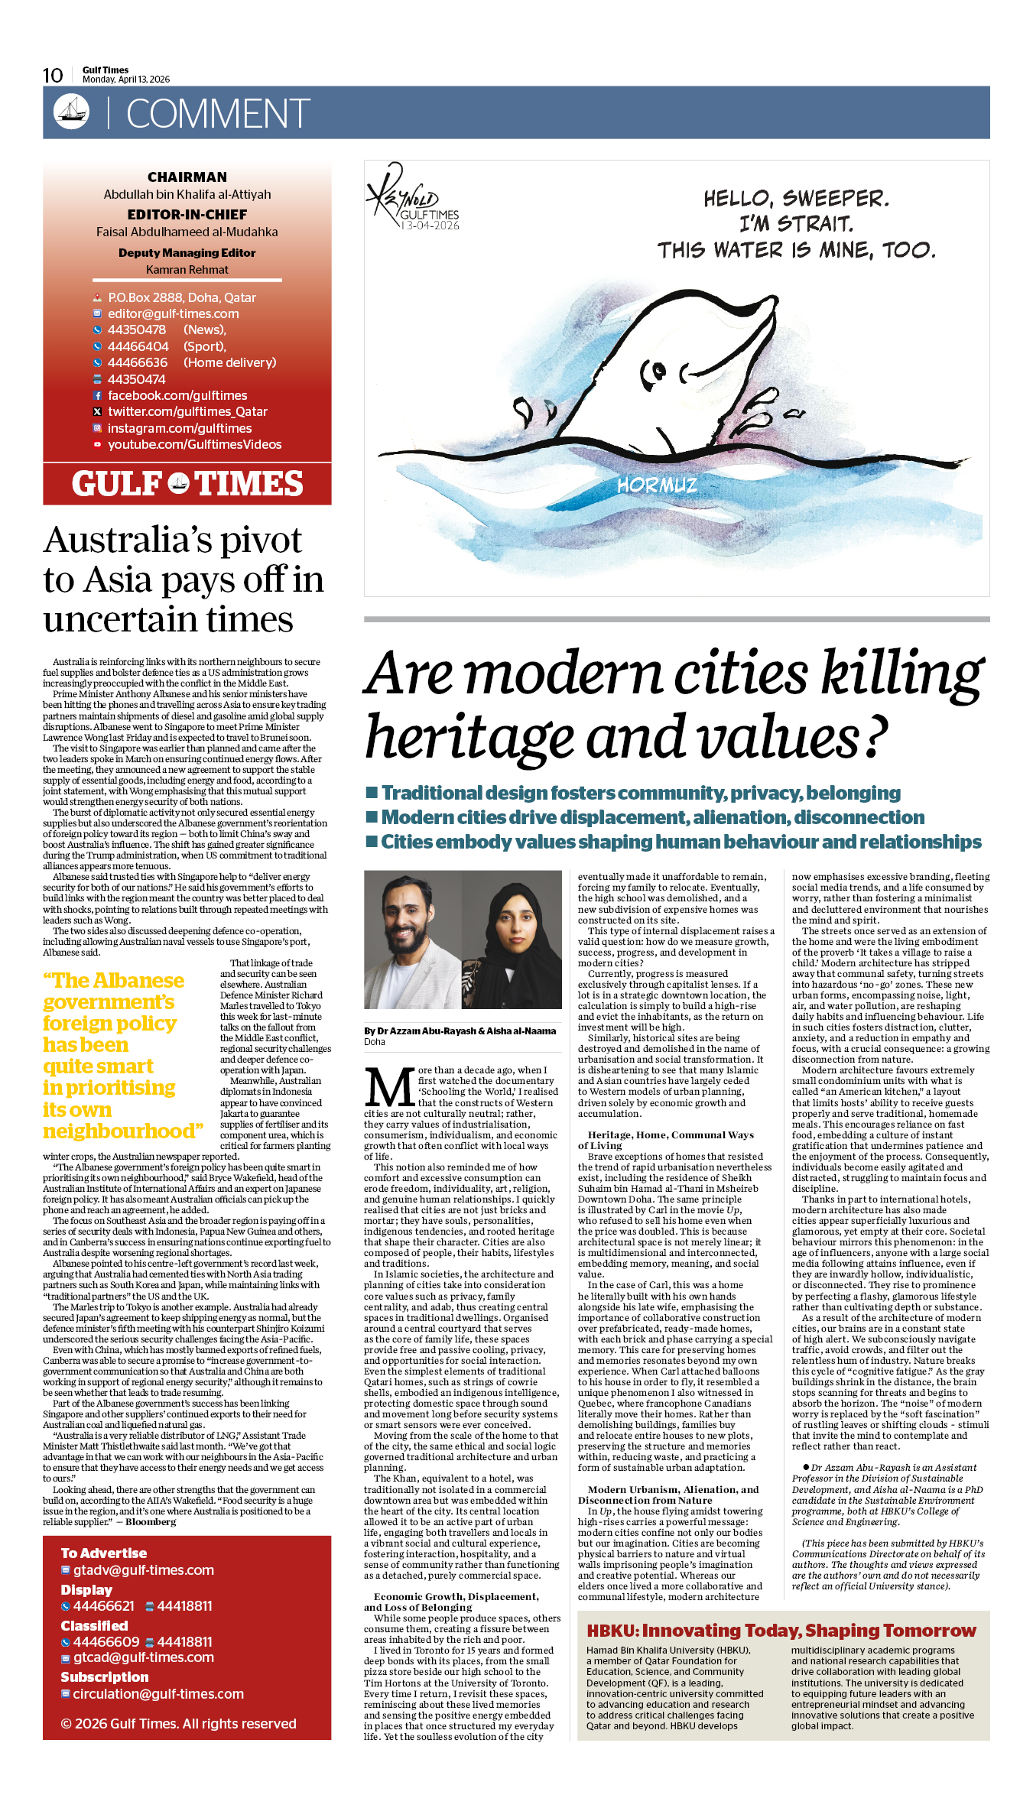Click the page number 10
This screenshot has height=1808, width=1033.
[53, 75]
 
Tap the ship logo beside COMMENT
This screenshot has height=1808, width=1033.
[71, 112]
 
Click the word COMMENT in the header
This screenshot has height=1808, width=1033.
[218, 114]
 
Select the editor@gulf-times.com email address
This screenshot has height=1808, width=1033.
[173, 313]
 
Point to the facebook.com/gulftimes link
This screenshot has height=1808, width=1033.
[177, 395]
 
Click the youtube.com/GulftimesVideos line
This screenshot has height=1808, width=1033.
[194, 444]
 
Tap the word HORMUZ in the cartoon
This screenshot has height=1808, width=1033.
[657, 485]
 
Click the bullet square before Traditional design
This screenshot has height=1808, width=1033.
[372, 791]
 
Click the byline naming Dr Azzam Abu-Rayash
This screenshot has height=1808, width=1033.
[460, 1031]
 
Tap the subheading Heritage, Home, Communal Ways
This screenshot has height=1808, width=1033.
[670, 1134]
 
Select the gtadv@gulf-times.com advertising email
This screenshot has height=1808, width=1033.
[143, 1570]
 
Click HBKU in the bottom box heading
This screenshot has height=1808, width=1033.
[611, 1631]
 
